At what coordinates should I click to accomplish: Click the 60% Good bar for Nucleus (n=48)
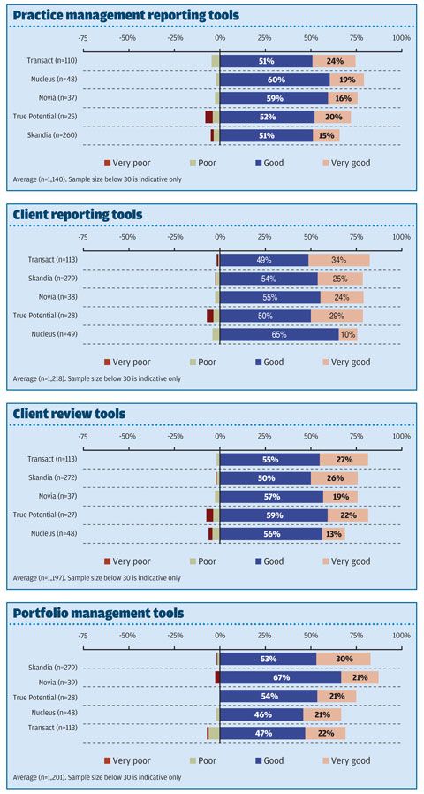coord(275,80)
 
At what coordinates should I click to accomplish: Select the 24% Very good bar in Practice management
coord(334,61)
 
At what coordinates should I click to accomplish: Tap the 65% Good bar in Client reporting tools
coord(279,334)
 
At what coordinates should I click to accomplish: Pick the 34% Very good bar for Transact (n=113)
coord(338,260)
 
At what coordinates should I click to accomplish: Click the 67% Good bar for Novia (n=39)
coord(281,677)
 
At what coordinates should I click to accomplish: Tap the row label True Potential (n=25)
coord(49,117)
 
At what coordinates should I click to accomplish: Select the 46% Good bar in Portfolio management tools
coord(261,714)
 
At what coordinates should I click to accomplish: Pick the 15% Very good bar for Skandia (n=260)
coord(326,135)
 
